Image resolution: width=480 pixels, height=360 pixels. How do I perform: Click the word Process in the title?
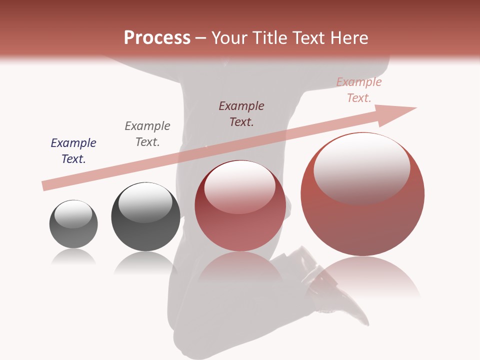coord(157,38)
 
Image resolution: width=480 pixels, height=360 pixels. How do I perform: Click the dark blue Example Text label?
coord(73,151)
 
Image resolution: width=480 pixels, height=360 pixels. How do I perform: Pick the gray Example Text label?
coord(147,134)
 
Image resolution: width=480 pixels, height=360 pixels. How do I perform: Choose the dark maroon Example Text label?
coord(241,113)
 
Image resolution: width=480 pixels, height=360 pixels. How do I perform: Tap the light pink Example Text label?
coord(359,90)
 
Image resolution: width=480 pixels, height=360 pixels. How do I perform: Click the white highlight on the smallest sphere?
coord(73,213)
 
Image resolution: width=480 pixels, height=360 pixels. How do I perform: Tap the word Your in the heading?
coord(229,38)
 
